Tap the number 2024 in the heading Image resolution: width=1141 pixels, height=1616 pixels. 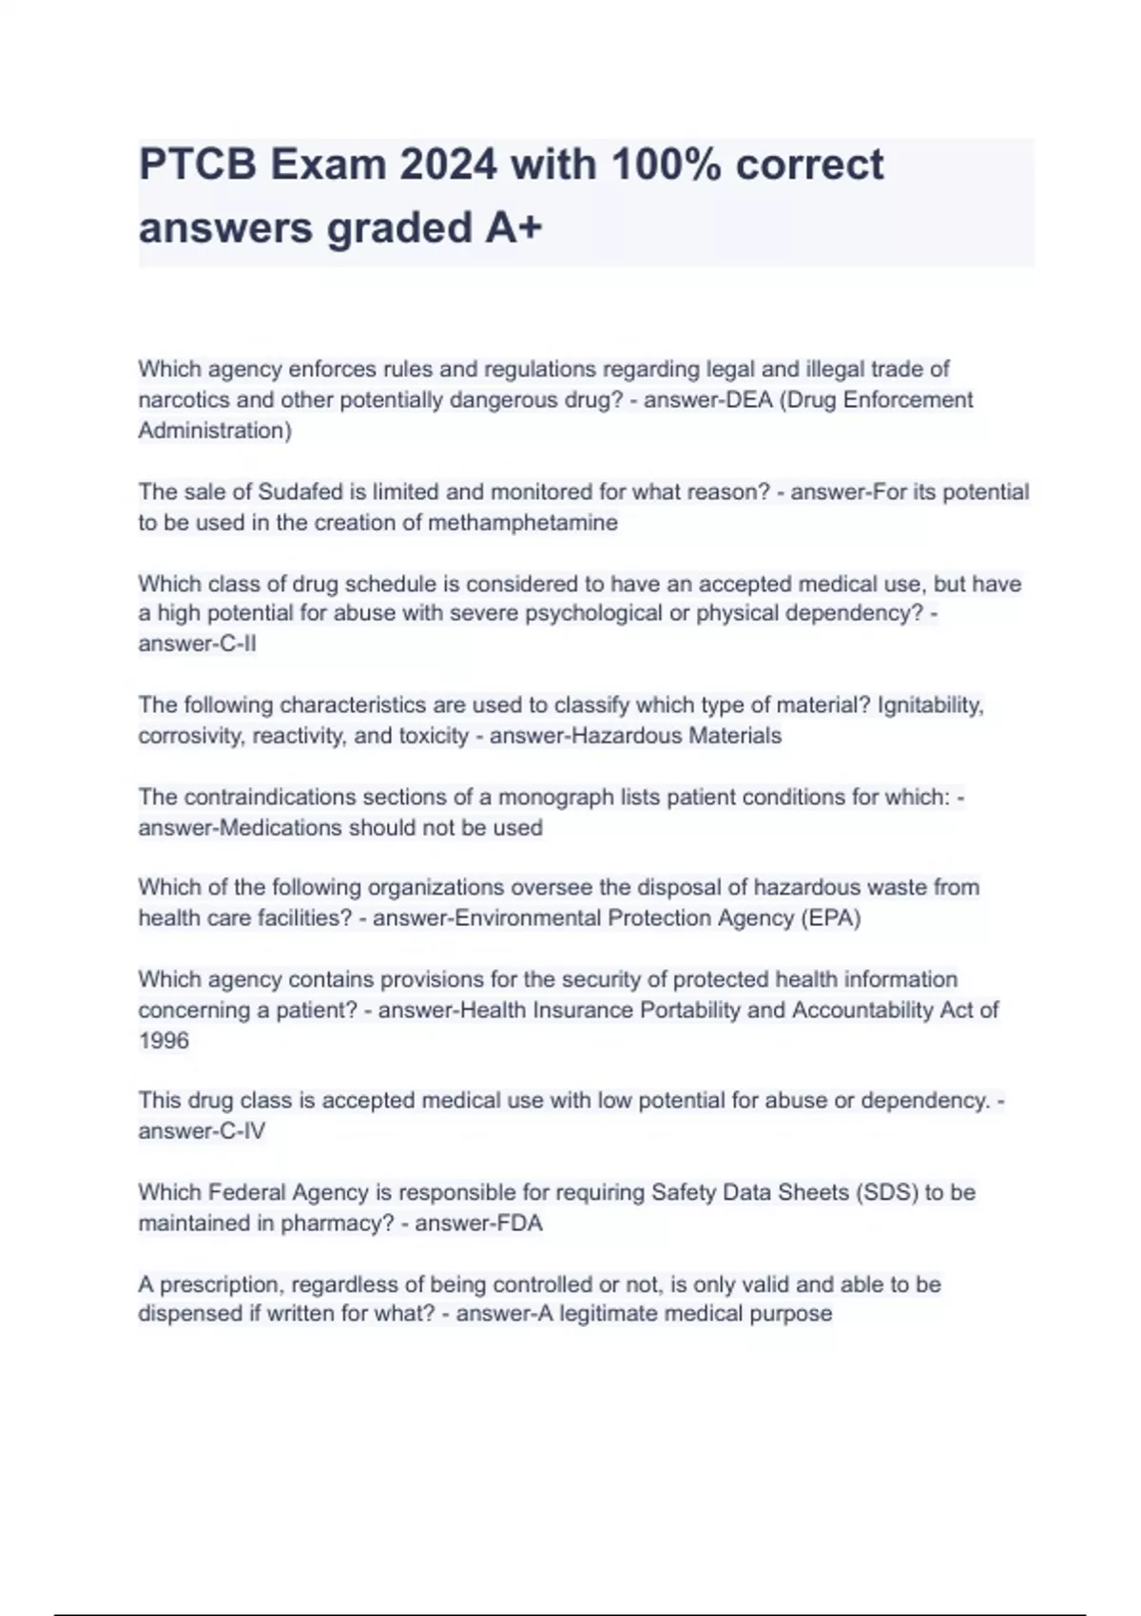447,165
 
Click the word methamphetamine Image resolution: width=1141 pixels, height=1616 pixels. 522,522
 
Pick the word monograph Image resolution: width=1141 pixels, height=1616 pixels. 555,797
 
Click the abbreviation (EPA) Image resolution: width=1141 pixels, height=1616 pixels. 830,918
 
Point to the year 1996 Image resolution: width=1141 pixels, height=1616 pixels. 164,1040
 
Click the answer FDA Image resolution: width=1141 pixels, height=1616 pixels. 520,1222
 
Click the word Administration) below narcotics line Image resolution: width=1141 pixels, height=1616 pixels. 215,431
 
